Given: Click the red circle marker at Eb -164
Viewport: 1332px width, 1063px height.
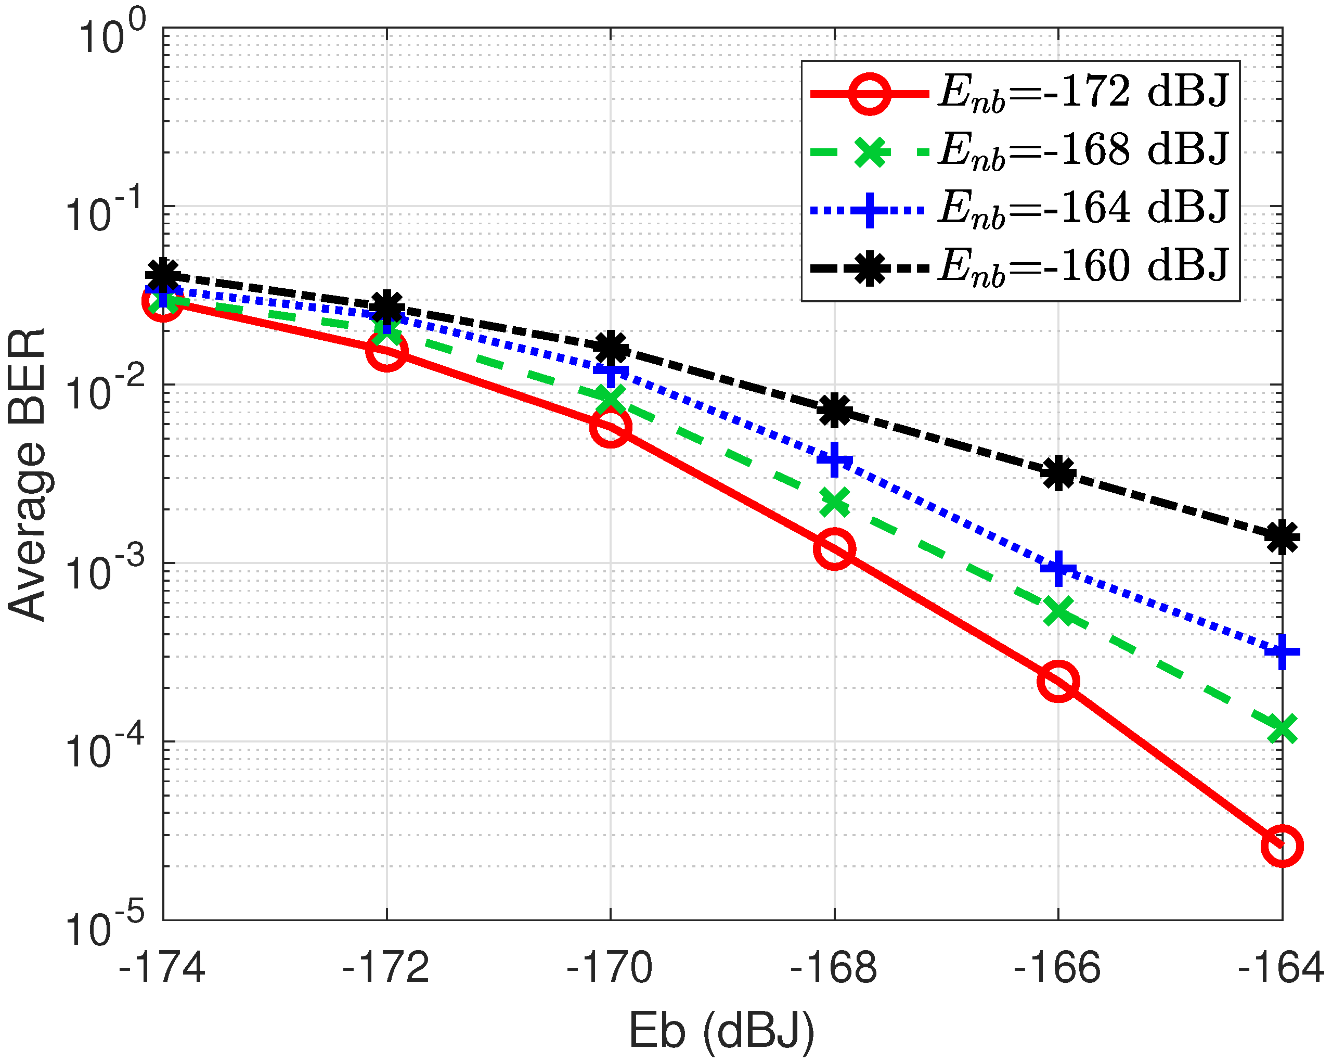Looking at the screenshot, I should [x=1282, y=846].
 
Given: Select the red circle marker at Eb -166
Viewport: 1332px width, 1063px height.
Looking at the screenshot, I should [x=1058, y=682].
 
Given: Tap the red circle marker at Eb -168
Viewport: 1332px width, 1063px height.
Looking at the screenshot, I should [x=834, y=549].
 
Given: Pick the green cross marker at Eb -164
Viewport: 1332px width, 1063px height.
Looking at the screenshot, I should [x=1282, y=728].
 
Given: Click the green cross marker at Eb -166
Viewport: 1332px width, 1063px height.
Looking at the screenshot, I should [x=1058, y=612].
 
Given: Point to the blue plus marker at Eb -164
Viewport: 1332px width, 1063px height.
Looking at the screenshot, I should [x=1282, y=651].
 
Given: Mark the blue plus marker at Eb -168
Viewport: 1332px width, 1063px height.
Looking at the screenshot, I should [x=834, y=460].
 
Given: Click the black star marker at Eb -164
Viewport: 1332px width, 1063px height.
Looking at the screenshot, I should [x=1282, y=537].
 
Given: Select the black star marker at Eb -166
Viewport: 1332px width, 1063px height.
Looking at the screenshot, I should [x=1058, y=473].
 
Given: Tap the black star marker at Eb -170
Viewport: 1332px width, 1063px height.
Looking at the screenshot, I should [x=611, y=348].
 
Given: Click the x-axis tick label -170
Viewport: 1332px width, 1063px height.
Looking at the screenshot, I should [x=609, y=968].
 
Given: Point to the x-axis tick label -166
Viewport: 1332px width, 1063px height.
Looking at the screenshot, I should [x=1057, y=968].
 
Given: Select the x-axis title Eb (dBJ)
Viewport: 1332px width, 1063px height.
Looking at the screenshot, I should [x=721, y=1031].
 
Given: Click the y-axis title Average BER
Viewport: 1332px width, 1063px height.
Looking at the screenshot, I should [x=27, y=475].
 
